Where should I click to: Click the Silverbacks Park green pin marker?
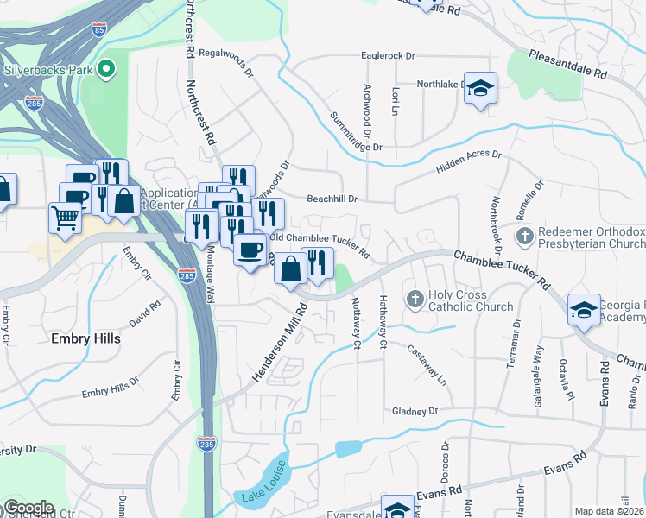[x=107, y=68]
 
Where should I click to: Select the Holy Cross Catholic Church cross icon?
[x=415, y=300]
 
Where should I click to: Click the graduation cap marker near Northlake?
[x=480, y=88]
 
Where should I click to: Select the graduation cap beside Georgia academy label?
[x=584, y=309]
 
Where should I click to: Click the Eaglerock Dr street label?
[x=388, y=55]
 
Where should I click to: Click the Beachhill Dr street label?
[x=332, y=199]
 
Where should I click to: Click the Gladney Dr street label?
[x=415, y=411]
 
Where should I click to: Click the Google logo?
[x=28, y=508]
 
